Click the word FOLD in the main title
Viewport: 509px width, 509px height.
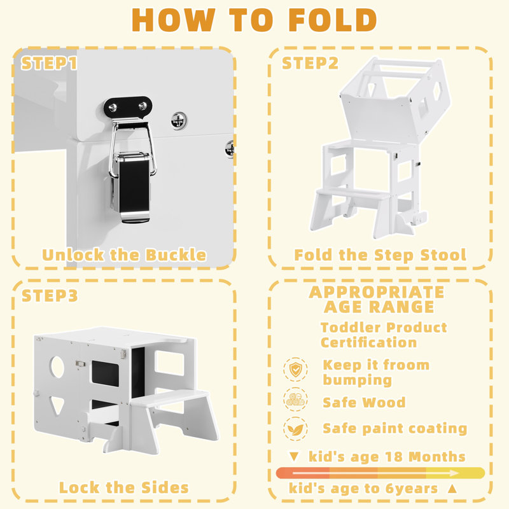coord(332,20)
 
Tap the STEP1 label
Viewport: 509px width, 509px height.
coord(50,63)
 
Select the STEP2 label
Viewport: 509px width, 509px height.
coord(310,63)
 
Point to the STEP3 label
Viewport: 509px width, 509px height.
coord(50,295)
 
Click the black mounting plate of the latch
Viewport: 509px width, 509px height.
coord(128,107)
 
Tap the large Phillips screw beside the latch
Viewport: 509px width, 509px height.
coord(179,121)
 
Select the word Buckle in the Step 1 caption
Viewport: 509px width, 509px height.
coord(176,255)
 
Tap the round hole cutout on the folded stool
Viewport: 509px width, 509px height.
coord(57,367)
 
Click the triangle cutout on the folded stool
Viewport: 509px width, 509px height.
coord(57,405)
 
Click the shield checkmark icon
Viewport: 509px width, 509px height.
coord(295,370)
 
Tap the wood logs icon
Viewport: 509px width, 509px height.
coord(295,400)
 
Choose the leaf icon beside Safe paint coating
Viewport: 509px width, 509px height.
coord(295,429)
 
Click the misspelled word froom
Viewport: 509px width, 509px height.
coord(407,365)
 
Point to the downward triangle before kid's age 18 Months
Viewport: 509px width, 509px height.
coord(294,456)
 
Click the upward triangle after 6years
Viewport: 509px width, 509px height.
coord(452,488)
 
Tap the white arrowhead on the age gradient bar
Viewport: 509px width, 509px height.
coord(454,473)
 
